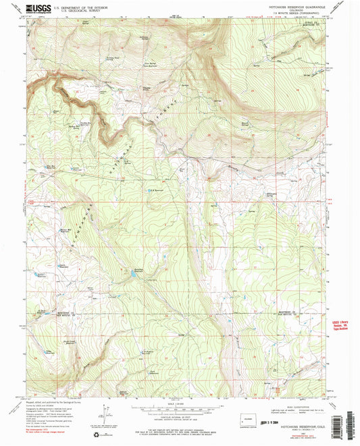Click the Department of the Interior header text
[x=81, y=5]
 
